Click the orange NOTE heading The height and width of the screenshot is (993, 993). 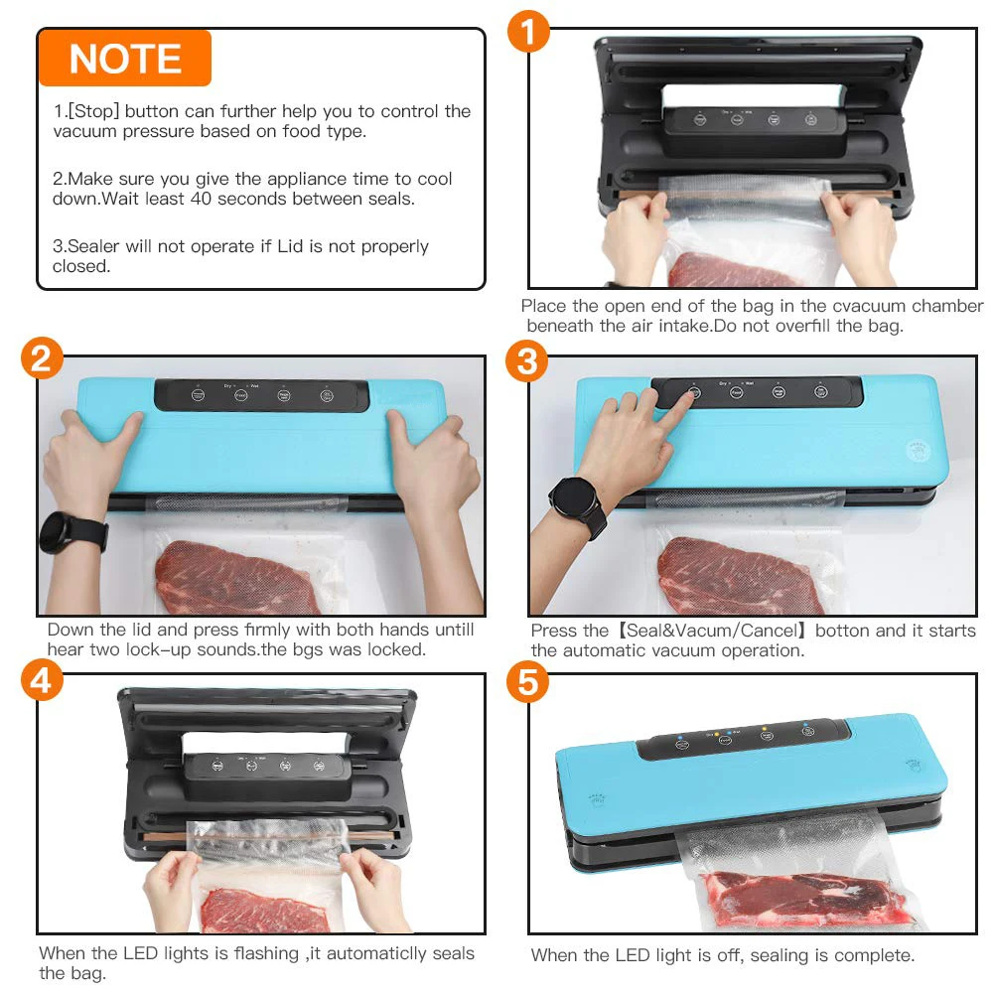pyautogui.click(x=125, y=59)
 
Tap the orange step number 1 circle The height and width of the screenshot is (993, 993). pyautogui.click(x=529, y=31)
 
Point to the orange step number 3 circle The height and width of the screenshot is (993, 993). pyautogui.click(x=527, y=361)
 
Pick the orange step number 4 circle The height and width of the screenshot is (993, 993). pyautogui.click(x=42, y=681)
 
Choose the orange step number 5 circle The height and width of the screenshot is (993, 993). pyautogui.click(x=528, y=682)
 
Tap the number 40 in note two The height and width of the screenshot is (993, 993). pyautogui.click(x=201, y=199)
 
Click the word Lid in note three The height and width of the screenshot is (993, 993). pyautogui.click(x=290, y=245)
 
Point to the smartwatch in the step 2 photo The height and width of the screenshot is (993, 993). pyautogui.click(x=72, y=532)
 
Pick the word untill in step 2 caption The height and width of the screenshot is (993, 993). pyautogui.click(x=452, y=630)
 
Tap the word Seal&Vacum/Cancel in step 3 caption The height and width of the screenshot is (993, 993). pyautogui.click(x=711, y=631)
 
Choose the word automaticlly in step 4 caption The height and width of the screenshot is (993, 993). pyautogui.click(x=376, y=953)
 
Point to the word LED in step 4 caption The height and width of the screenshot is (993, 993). pyautogui.click(x=140, y=953)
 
